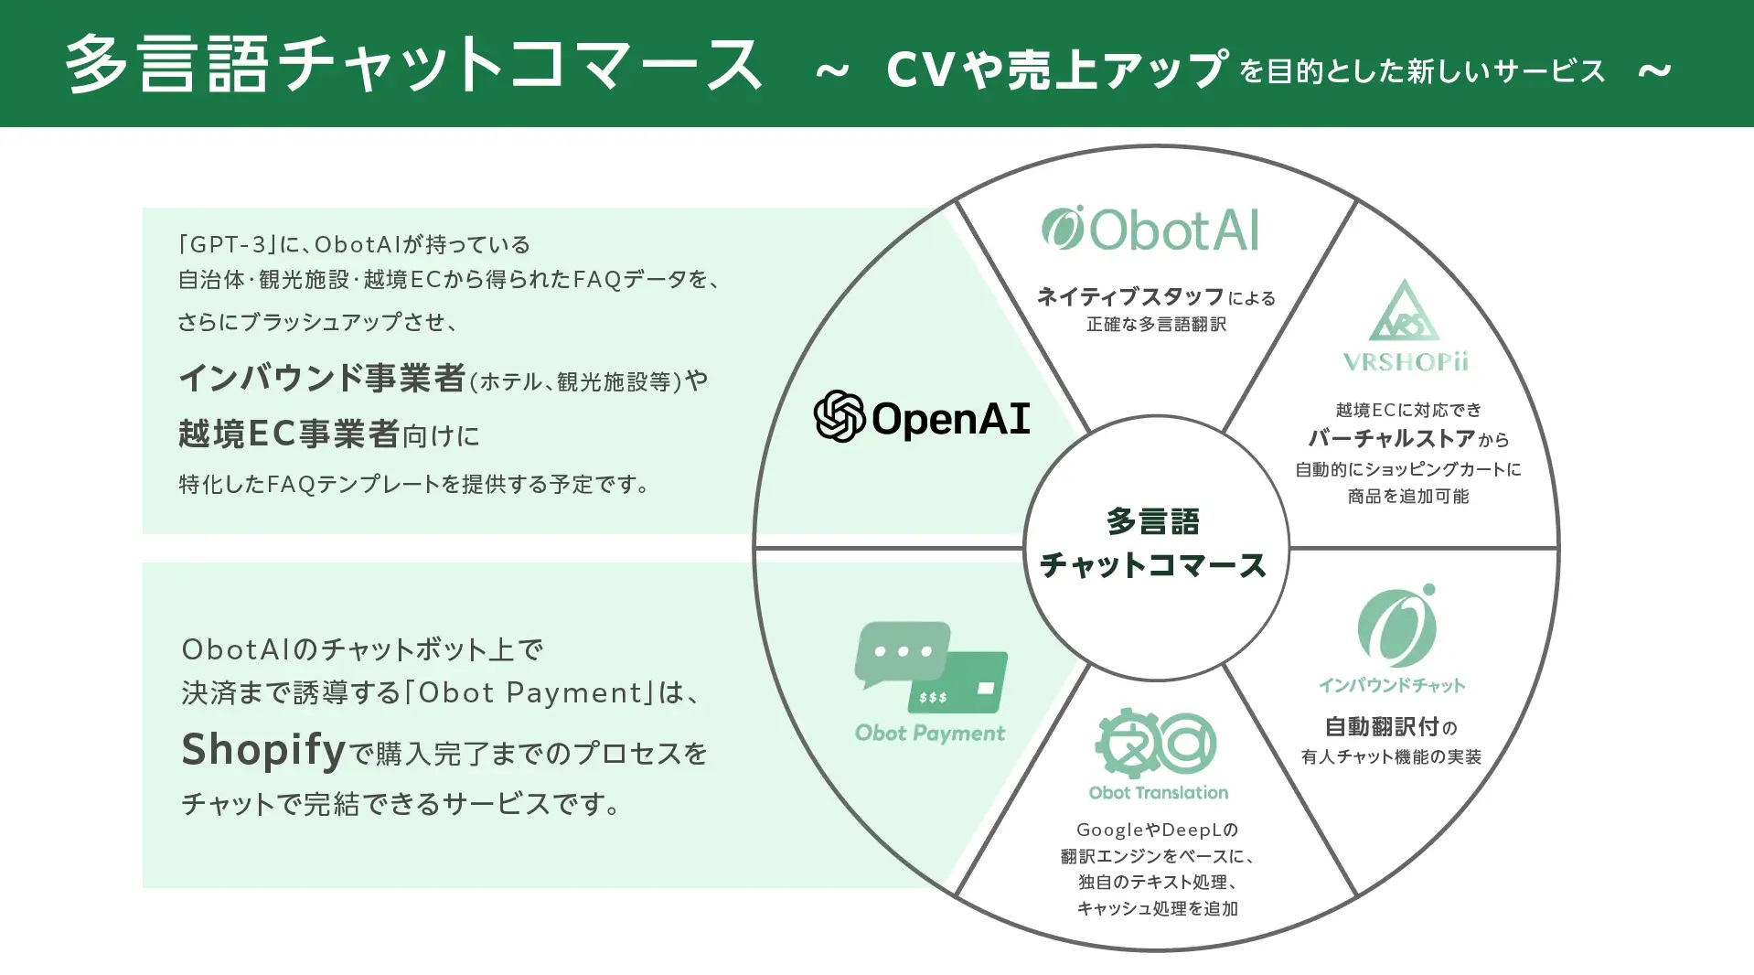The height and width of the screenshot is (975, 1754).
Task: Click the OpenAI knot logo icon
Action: [x=839, y=417]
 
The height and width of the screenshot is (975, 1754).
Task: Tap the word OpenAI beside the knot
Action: [x=951, y=419]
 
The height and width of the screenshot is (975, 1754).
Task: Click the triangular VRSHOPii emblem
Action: [x=1404, y=312]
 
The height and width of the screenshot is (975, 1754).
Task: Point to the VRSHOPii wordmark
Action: [x=1406, y=362]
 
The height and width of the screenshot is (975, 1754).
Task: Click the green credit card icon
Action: [x=960, y=682]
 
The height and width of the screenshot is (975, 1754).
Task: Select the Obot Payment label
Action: [x=930, y=733]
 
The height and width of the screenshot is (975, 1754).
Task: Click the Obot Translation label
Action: [x=1158, y=792]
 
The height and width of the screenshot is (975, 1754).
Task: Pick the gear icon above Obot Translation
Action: [x=1127, y=743]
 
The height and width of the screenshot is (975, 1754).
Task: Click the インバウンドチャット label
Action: [x=1391, y=685]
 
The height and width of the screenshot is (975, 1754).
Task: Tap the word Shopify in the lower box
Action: [x=263, y=750]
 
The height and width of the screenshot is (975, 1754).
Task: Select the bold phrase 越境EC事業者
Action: [x=289, y=434]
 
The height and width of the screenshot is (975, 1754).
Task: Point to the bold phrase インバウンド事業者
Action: [x=322, y=378]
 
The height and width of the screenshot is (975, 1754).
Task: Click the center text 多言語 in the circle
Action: [x=1153, y=521]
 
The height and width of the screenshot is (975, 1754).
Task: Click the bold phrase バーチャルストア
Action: [x=1391, y=439]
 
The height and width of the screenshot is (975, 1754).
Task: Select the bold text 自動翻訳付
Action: [x=1382, y=727]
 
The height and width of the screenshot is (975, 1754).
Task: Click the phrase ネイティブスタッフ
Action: [x=1130, y=296]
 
